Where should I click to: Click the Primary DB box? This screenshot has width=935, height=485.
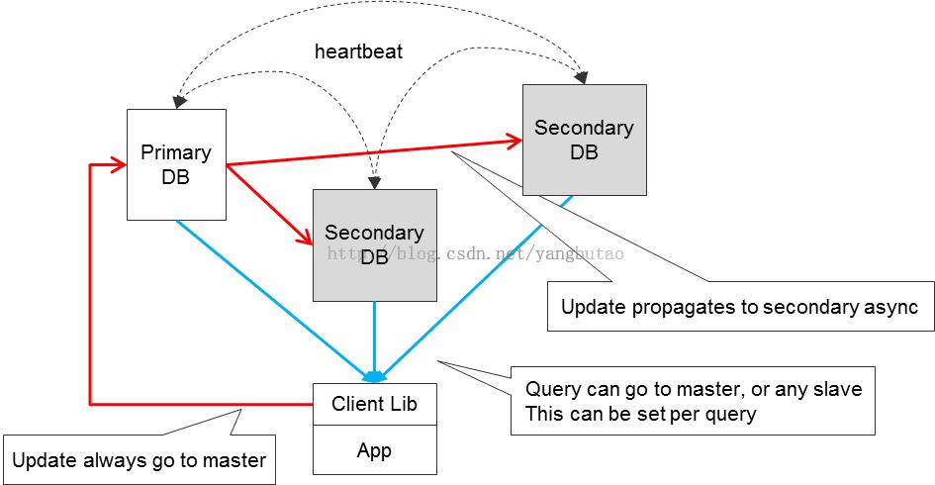tap(176, 164)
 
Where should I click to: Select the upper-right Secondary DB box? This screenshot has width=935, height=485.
tap(585, 140)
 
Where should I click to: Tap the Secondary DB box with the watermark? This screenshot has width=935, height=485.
tap(374, 244)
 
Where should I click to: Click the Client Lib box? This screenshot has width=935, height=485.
tap(374, 404)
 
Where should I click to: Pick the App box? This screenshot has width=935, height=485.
tap(374, 450)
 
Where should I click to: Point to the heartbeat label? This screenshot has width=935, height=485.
tap(358, 51)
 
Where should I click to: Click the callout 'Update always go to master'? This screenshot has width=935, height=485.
tap(140, 460)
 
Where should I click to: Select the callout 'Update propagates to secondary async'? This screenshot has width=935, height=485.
tap(740, 307)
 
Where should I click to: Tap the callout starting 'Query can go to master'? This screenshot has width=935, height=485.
tap(693, 401)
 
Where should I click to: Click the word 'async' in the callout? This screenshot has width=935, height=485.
tap(892, 307)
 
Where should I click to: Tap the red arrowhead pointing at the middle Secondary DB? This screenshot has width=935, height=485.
tap(306, 238)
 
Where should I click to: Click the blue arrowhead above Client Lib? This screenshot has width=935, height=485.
tap(374, 377)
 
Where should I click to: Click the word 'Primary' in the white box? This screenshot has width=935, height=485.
tap(176, 152)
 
